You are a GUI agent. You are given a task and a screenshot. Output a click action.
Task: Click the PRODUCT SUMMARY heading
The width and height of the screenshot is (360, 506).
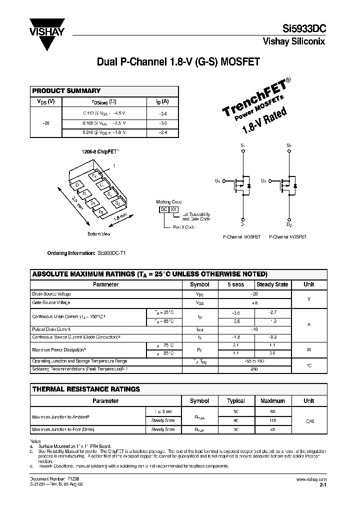pyautogui.click(x=66, y=91)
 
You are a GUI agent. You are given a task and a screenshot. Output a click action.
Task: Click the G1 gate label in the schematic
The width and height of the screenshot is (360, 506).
pyautogui.click(x=217, y=180)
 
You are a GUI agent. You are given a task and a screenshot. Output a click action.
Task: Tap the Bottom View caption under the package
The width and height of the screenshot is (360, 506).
pyautogui.click(x=99, y=233)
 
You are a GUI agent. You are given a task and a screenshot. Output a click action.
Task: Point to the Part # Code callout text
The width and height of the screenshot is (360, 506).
pyautogui.click(x=184, y=227)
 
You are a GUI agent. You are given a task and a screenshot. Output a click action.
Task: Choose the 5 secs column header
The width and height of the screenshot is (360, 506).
pyautogui.click(x=236, y=284)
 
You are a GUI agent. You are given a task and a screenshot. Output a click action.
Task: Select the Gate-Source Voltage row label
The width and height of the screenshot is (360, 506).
pyautogui.click(x=51, y=302)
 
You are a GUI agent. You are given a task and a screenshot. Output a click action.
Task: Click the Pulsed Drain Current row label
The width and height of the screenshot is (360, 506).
pyautogui.click(x=51, y=329)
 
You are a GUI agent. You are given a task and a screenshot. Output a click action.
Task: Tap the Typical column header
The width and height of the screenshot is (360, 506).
pyautogui.click(x=236, y=401)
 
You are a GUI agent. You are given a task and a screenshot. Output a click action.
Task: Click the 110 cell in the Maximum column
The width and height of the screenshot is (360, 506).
pyautogui.click(x=272, y=421)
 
